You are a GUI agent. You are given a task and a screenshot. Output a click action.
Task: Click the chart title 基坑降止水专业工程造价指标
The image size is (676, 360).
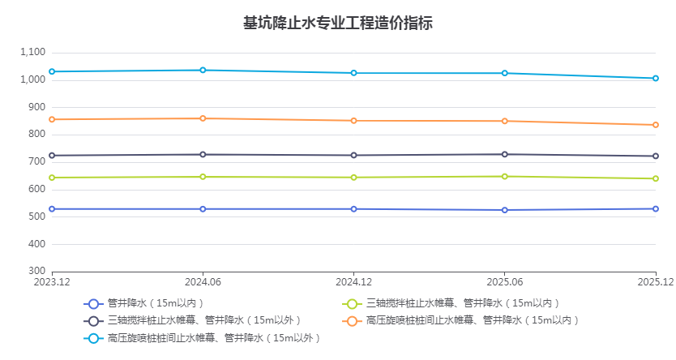[x=338, y=23]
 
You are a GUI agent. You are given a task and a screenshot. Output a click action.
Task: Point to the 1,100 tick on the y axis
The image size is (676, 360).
[x=32, y=52]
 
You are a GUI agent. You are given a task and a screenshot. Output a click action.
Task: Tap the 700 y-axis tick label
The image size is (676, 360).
[x=36, y=162]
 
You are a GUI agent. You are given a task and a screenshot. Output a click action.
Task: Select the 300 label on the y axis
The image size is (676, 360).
[x=36, y=272]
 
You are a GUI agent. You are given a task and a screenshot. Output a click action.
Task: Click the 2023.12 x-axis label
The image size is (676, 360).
[x=52, y=282]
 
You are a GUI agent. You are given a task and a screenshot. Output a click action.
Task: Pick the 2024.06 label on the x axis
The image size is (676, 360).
[x=203, y=282]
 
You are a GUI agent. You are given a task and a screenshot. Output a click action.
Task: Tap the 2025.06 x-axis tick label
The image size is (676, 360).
[x=504, y=282]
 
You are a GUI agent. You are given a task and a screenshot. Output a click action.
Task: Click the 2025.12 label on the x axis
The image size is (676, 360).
[x=655, y=282]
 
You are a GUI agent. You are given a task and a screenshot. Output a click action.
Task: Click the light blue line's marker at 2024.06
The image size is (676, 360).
[x=203, y=70]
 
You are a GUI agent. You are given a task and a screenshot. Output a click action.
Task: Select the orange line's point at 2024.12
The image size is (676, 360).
[x=353, y=121]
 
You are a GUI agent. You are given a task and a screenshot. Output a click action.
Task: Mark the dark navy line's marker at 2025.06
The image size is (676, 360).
[x=504, y=154]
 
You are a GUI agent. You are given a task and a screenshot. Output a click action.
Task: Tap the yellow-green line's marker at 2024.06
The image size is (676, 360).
[x=203, y=177]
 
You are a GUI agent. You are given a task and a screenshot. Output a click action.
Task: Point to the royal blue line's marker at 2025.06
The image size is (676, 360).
[x=504, y=210]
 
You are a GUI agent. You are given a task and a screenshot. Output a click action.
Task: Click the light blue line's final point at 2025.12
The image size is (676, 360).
[x=655, y=78]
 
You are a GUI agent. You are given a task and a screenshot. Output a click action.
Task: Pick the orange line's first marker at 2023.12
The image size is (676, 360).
[x=52, y=119]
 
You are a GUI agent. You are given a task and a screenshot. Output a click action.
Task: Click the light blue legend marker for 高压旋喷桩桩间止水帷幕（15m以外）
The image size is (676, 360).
[x=93, y=337]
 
